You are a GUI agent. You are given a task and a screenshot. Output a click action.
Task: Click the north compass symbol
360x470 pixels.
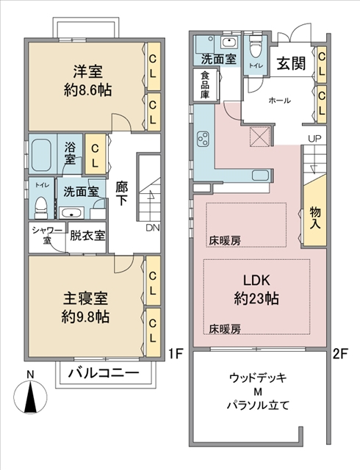pos(31,396)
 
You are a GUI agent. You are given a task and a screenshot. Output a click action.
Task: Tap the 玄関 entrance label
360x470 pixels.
pos(291,64)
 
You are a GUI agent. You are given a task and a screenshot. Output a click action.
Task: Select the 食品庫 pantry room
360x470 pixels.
pos(206,85)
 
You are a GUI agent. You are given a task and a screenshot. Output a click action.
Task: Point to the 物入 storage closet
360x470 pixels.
pos(314,217)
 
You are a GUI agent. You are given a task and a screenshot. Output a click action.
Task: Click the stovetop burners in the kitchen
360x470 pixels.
pos(204,140)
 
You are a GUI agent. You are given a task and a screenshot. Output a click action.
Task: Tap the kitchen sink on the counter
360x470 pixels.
pos(260,176)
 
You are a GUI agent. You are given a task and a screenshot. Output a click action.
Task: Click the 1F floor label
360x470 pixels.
pos(175,354)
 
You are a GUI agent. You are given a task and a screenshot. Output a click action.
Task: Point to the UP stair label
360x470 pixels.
pos(314,139)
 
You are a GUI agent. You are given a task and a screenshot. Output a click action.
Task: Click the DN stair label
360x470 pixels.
pos(153,228)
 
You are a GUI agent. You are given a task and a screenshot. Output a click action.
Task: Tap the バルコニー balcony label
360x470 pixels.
pos(104,373)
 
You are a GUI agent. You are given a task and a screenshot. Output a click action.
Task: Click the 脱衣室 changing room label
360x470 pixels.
pos(87,235)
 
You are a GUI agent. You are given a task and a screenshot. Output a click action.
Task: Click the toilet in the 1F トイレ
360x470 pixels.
pos(41,207)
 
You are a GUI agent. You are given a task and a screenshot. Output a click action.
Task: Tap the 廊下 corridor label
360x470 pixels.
pos(122,194)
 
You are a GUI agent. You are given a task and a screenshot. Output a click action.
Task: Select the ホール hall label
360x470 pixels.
pos(279,101)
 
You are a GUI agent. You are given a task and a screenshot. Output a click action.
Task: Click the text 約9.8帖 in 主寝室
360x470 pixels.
pos(85,317)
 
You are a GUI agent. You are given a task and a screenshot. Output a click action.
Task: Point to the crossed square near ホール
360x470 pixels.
pos(260,136)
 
